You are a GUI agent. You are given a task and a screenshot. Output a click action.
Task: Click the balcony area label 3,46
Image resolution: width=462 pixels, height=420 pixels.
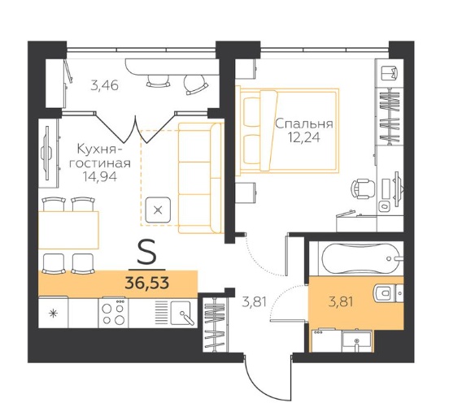pos(105,86)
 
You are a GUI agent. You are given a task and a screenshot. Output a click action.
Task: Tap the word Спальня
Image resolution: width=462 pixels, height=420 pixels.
pos(304,124)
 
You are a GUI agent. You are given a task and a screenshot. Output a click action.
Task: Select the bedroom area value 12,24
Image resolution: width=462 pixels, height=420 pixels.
pos(304,138)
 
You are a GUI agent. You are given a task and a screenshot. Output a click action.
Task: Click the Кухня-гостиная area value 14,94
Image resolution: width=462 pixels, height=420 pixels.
pos(100,176)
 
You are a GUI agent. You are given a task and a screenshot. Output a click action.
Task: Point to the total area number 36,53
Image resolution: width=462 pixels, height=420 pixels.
pos(147,284)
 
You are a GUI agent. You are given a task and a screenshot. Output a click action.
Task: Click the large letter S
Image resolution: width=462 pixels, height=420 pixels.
pos(146,251)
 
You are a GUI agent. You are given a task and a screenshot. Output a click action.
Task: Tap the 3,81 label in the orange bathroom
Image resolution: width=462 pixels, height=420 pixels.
pos(341,301)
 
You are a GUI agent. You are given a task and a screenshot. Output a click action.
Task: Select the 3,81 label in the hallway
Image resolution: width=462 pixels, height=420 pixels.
pos(255,301)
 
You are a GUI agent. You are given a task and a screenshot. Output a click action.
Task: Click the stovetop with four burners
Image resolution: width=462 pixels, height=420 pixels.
pos(113,313)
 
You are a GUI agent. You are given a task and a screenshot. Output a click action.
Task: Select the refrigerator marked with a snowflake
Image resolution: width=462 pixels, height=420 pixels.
pos(53,313)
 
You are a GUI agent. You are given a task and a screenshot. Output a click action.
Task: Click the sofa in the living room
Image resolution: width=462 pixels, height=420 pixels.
pos(200,178)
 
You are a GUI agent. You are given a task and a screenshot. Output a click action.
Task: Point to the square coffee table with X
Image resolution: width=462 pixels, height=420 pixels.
pos(159,210)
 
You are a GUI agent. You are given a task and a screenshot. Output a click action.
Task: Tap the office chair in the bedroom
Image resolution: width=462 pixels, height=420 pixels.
pos(364,188)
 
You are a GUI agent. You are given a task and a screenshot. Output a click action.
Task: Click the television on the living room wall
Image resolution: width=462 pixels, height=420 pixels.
pos(46,153)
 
